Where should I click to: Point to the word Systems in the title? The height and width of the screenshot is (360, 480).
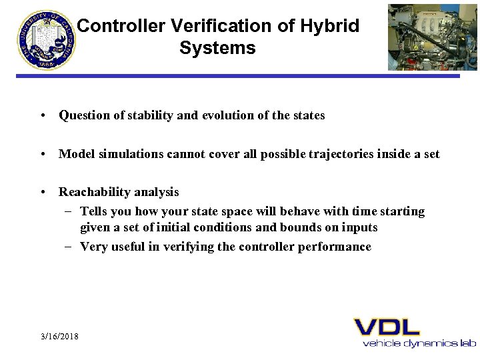217,48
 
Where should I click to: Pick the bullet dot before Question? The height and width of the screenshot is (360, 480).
42,115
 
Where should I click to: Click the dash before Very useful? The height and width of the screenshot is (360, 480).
69,247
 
